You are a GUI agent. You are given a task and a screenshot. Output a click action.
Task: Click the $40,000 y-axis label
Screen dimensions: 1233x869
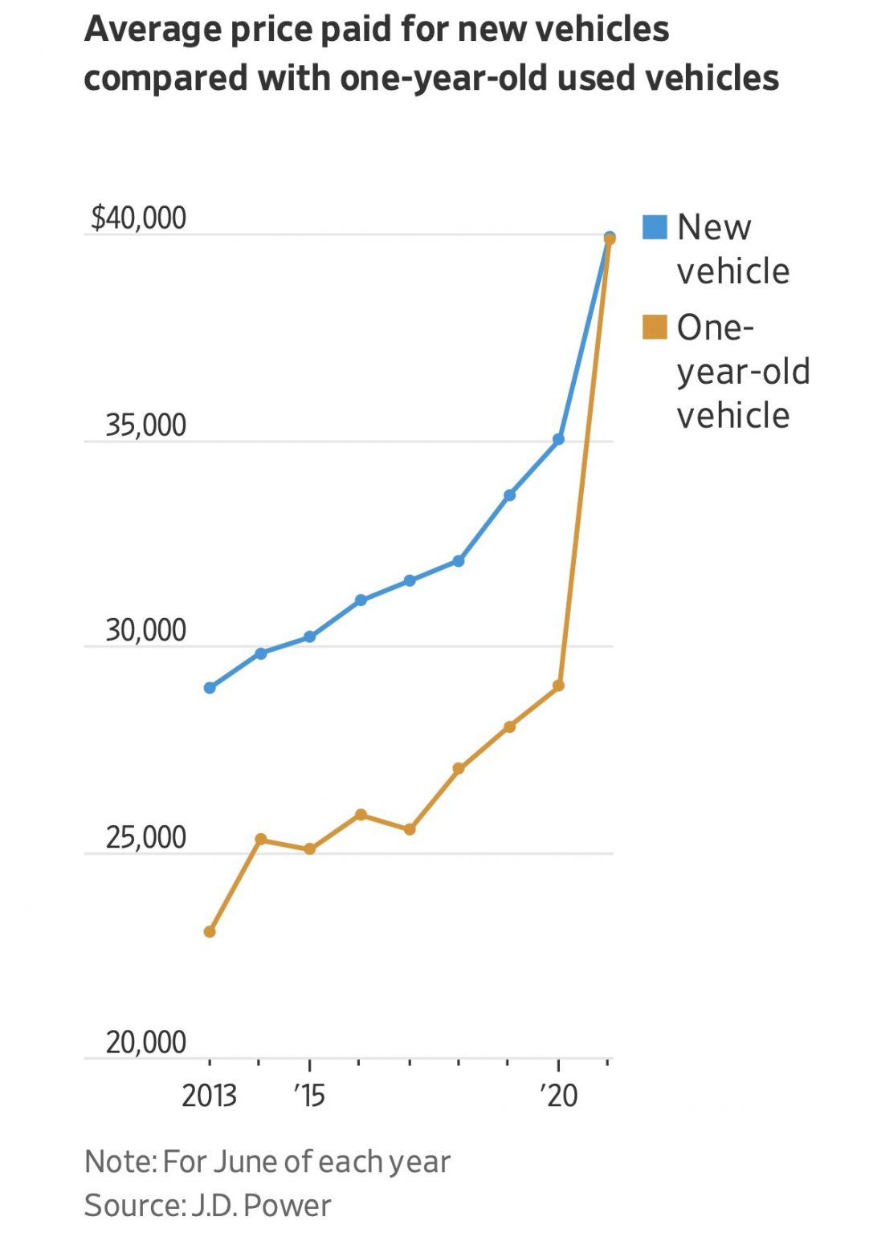(x=138, y=218)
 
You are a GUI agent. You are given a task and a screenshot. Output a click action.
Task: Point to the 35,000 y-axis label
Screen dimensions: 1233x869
(x=145, y=425)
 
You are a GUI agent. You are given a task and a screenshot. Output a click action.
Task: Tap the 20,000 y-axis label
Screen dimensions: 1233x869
(x=145, y=1042)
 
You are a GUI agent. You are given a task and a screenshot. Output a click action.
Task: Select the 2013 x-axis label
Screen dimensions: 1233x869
(x=209, y=1096)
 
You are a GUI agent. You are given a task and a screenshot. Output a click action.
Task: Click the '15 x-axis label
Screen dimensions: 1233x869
(x=309, y=1096)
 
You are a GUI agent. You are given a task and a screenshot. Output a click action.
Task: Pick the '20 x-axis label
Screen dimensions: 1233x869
(x=558, y=1096)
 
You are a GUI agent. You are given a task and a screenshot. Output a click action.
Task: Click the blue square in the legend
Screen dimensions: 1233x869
(x=655, y=227)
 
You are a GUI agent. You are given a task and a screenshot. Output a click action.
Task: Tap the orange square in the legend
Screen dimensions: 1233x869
(x=655, y=328)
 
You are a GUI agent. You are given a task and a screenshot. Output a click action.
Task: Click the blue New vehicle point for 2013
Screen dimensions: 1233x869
(x=210, y=688)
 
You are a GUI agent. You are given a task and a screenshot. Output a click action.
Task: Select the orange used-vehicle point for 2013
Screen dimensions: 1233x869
(x=210, y=932)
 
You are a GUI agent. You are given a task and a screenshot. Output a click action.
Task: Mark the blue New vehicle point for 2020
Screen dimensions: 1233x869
(x=558, y=440)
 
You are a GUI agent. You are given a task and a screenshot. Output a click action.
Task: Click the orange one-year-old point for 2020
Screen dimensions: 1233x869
(x=558, y=686)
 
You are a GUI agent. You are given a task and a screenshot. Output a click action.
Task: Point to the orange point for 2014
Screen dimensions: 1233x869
(x=260, y=840)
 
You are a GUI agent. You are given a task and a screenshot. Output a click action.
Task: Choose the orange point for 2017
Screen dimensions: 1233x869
(x=410, y=829)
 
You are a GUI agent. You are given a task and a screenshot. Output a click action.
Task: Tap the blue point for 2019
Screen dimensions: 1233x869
(x=509, y=495)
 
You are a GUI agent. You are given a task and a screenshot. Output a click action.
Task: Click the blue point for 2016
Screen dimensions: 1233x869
(x=361, y=600)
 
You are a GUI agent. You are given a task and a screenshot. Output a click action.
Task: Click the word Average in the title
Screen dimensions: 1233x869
(x=152, y=30)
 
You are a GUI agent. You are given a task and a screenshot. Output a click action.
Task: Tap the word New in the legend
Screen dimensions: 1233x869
(x=714, y=227)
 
